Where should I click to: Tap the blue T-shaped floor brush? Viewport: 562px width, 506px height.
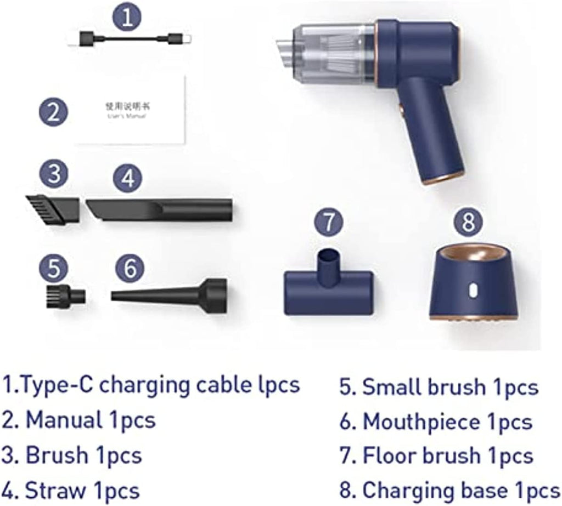coord(329,288)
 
